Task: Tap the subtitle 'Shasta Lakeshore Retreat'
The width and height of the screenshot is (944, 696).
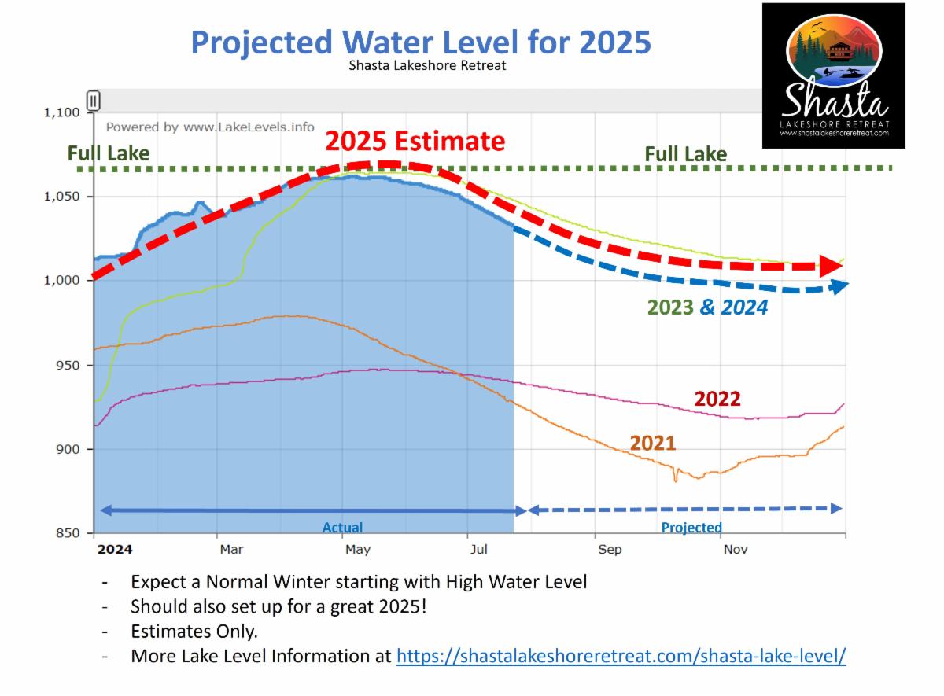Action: pos(427,65)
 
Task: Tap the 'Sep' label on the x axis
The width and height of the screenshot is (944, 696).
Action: pos(610,550)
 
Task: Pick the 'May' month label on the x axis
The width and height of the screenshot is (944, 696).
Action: pos(358,550)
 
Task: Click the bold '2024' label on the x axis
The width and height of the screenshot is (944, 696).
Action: pos(114,550)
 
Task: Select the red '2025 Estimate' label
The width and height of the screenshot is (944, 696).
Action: pos(415,141)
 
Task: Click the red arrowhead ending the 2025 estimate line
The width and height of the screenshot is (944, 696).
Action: pos(829,266)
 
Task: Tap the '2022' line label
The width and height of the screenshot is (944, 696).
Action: pos(717,399)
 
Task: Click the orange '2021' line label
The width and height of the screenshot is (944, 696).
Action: pos(652,443)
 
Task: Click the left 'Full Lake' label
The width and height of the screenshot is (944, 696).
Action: pos(109,153)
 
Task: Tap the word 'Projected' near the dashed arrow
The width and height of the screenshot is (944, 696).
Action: pos(691,528)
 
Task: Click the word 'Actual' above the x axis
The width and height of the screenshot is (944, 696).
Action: pos(342,528)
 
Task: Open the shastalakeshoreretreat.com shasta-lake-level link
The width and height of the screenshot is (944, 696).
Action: pos(621,656)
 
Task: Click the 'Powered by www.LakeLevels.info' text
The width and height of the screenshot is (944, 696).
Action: pos(210,127)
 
